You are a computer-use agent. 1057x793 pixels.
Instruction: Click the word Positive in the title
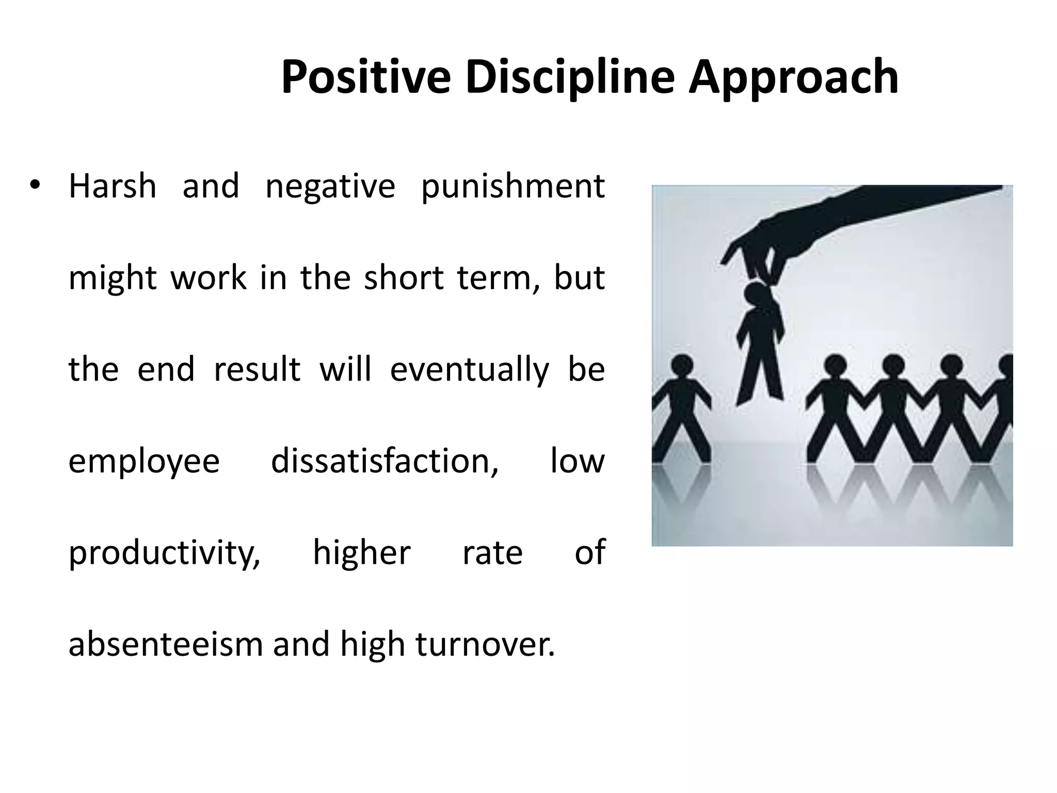click(x=366, y=77)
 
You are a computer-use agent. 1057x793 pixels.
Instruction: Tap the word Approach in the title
click(x=793, y=78)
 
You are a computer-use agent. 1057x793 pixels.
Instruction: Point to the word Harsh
click(x=113, y=186)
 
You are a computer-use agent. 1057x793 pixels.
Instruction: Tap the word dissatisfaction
click(x=385, y=461)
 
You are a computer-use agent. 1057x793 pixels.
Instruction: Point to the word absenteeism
click(x=166, y=644)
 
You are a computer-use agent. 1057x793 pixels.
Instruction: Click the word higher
click(x=362, y=553)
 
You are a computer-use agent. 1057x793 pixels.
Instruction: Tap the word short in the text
click(x=404, y=278)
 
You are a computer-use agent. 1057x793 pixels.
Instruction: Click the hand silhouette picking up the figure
click(x=826, y=227)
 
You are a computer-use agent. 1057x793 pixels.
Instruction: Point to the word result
click(x=257, y=370)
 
